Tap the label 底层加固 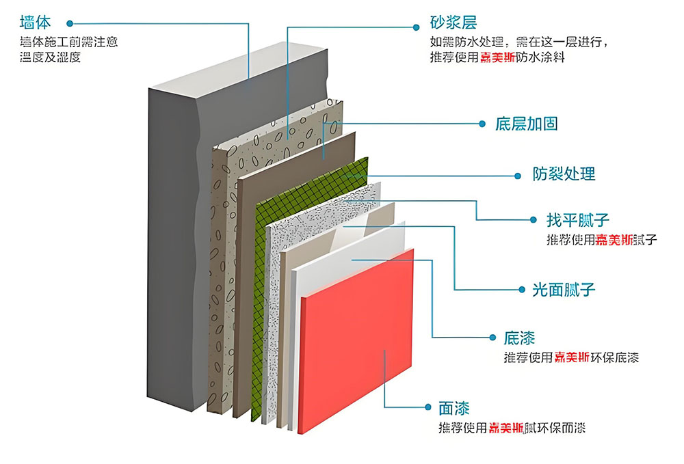[x=526, y=124]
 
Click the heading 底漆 [x=519, y=338]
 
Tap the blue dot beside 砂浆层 [x=415, y=26]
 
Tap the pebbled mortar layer [x=222, y=273]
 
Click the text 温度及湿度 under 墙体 [x=51, y=58]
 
